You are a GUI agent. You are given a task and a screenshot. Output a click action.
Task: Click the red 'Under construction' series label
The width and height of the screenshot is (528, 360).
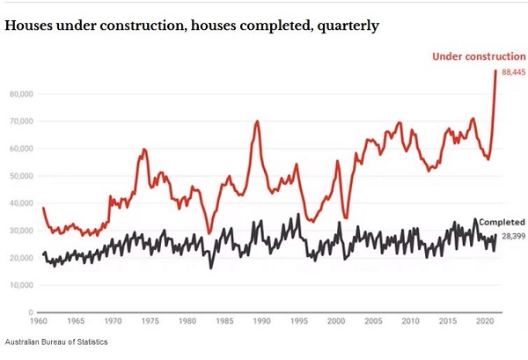(479, 57)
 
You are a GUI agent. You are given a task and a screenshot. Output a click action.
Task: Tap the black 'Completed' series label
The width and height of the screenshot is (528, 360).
(501, 222)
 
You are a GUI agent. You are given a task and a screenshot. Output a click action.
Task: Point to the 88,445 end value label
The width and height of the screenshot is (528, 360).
(513, 72)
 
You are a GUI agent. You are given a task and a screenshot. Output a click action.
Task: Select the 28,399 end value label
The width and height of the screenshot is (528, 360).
(513, 237)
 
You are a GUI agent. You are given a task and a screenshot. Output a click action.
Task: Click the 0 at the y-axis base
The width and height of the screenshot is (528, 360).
(29, 312)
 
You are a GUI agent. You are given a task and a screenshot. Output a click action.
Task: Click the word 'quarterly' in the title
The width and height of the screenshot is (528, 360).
(347, 26)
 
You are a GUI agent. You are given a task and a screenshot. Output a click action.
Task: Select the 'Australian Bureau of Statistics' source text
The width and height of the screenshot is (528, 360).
(56, 342)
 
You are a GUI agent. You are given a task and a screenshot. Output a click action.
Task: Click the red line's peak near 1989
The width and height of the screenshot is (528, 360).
(257, 121)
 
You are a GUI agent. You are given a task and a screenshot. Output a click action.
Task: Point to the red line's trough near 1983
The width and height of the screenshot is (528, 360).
(209, 233)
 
